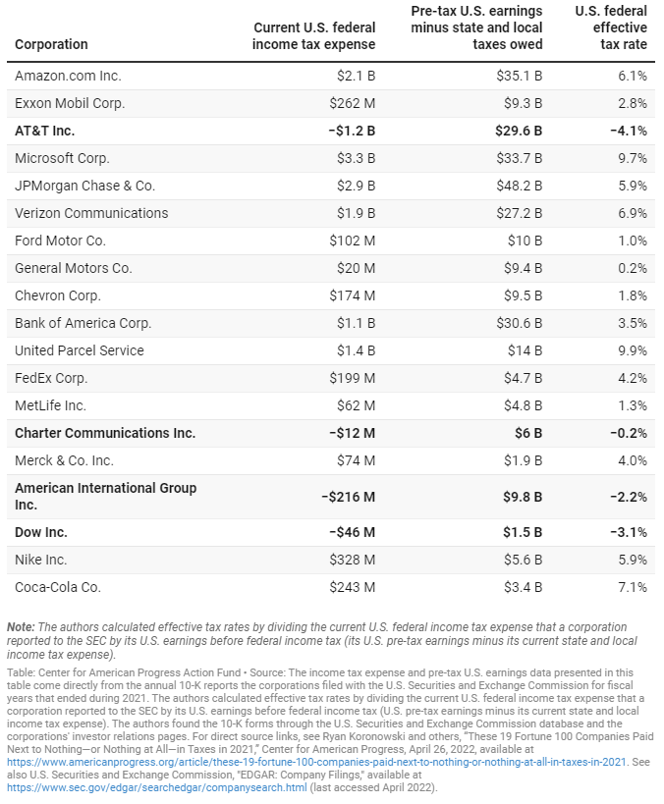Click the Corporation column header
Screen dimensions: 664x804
click(x=51, y=44)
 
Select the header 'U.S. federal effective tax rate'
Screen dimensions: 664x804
click(x=611, y=27)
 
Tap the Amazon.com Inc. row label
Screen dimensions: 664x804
click(x=68, y=76)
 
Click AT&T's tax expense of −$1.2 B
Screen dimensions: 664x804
click(x=352, y=131)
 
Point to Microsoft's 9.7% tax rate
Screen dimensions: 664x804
click(x=633, y=158)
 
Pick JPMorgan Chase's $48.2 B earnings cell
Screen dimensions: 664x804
click(x=520, y=186)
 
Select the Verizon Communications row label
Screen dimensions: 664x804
click(x=91, y=213)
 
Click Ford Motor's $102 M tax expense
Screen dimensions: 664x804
click(x=353, y=241)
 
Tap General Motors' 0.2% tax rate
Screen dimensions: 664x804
click(x=633, y=268)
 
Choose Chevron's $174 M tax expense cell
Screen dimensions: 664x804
click(x=353, y=295)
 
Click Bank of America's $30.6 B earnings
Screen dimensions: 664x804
click(x=520, y=323)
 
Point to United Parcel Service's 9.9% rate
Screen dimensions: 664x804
click(x=633, y=350)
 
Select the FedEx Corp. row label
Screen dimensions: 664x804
click(x=51, y=378)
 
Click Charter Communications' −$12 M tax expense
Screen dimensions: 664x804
click(x=352, y=433)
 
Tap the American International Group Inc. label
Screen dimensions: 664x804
click(x=106, y=497)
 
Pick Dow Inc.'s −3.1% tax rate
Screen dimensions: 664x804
click(x=629, y=532)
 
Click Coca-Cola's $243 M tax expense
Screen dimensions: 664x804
click(x=353, y=587)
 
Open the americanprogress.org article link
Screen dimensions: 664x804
click(x=316, y=762)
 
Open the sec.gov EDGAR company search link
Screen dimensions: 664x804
click(x=157, y=787)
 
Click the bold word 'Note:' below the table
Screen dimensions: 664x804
click(x=21, y=627)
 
